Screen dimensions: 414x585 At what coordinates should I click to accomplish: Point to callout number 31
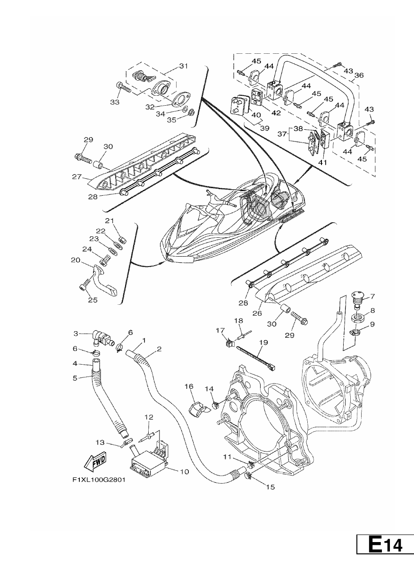click(x=184, y=66)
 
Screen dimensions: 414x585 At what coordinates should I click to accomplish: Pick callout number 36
click(x=359, y=75)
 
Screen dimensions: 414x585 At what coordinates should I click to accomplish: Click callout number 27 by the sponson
click(x=77, y=177)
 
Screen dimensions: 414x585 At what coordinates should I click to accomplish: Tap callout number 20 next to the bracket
click(x=76, y=260)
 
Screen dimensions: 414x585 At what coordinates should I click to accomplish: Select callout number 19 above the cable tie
click(x=263, y=342)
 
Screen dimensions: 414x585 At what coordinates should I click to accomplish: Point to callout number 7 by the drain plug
click(x=372, y=296)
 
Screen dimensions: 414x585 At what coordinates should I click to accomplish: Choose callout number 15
click(x=270, y=487)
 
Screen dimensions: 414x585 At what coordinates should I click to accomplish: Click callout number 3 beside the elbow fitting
click(x=76, y=334)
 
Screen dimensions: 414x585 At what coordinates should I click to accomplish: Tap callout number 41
click(x=322, y=162)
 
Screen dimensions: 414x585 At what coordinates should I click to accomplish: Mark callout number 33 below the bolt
click(x=115, y=102)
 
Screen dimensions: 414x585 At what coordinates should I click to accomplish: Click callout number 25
click(x=93, y=300)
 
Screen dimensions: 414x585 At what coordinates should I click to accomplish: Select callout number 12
click(x=149, y=417)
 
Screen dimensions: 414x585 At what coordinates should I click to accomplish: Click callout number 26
click(x=257, y=313)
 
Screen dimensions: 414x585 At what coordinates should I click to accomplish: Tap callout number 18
click(x=238, y=321)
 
